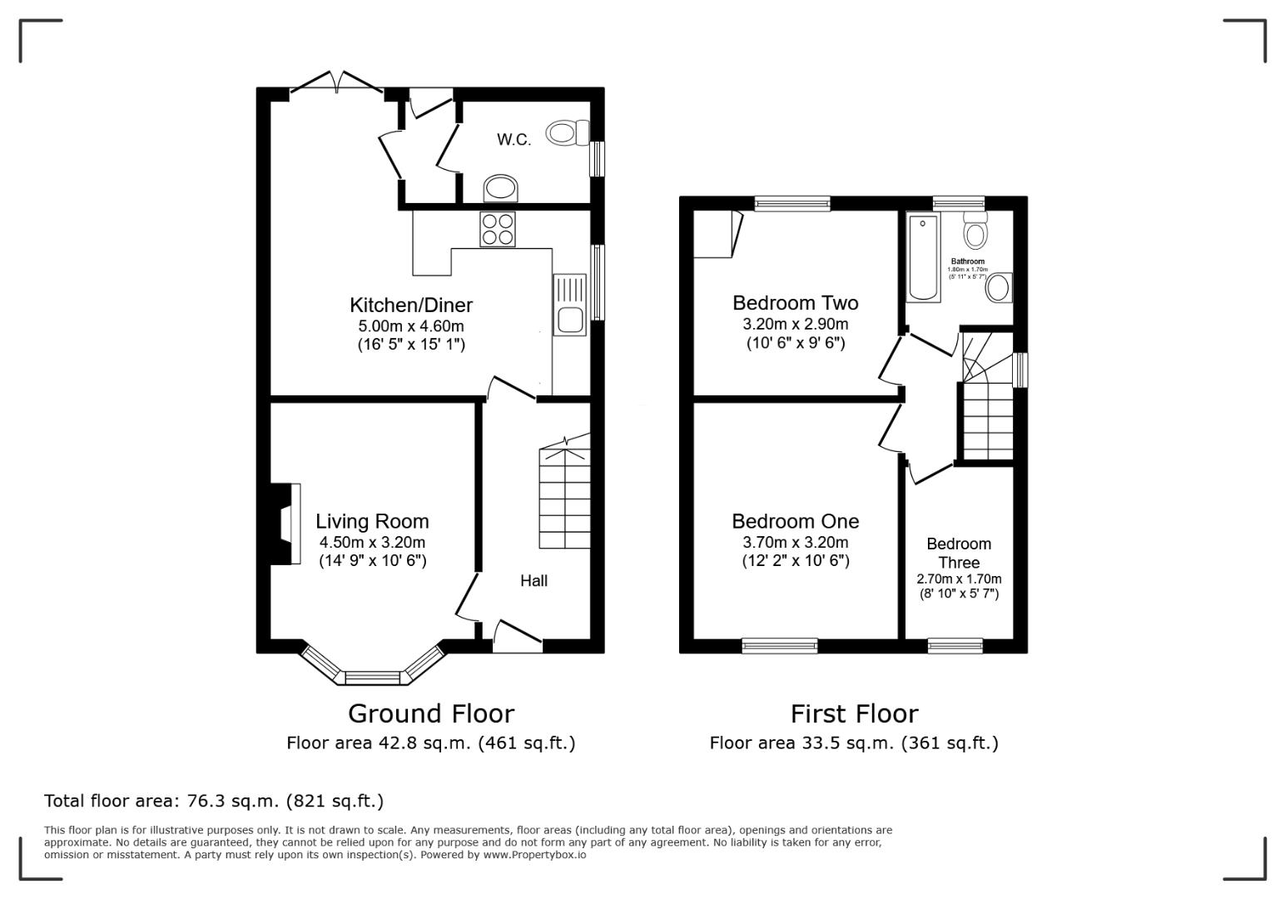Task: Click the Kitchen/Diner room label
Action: click(411, 305)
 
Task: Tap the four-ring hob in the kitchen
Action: click(498, 230)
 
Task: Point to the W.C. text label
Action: click(514, 140)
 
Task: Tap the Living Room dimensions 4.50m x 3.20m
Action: click(372, 543)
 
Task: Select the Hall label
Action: click(533, 580)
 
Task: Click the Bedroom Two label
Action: click(795, 303)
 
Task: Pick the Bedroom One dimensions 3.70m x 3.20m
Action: click(795, 543)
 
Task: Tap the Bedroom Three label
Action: click(959, 553)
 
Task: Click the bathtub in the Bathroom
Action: click(923, 256)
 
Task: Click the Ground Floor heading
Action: click(430, 713)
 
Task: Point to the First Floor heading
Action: click(854, 713)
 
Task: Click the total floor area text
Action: click(214, 801)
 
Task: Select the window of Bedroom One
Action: click(780, 645)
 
